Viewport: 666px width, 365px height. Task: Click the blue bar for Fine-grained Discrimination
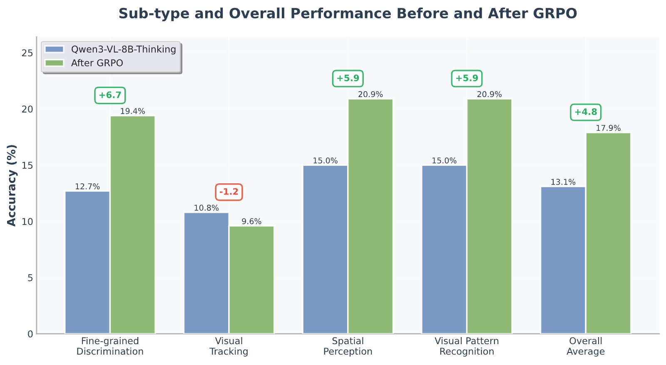click(87, 262)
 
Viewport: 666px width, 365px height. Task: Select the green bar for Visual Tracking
click(251, 280)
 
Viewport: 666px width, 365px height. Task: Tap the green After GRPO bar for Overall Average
click(608, 233)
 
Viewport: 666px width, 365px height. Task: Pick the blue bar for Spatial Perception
click(325, 250)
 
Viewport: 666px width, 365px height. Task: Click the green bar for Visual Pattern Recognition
click(490, 216)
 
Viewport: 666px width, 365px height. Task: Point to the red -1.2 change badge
click(229, 192)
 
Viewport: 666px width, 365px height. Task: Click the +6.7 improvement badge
click(110, 95)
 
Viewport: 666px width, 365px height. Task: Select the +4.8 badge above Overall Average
click(586, 112)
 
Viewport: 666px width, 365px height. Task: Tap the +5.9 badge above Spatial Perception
click(348, 79)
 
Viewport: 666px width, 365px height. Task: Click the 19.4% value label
click(133, 111)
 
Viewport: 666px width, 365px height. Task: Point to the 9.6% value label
click(251, 222)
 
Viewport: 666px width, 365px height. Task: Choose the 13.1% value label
click(563, 182)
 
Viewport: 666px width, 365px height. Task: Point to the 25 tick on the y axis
click(27, 53)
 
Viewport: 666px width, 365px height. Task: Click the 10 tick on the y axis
click(27, 222)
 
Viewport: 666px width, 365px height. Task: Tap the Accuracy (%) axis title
click(11, 185)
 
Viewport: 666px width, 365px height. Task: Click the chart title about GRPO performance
click(348, 13)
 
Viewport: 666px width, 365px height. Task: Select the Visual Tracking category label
click(229, 346)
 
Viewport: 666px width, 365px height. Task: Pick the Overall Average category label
click(586, 346)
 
